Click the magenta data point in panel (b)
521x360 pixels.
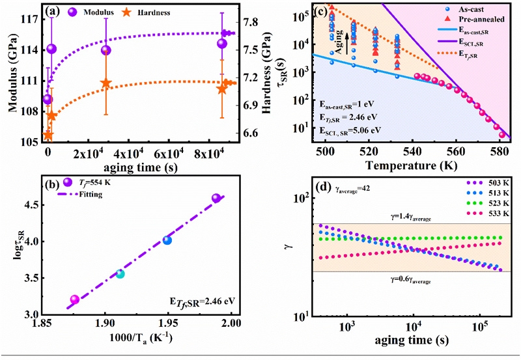coord(75,299)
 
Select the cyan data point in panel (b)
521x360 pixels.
coord(120,274)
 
